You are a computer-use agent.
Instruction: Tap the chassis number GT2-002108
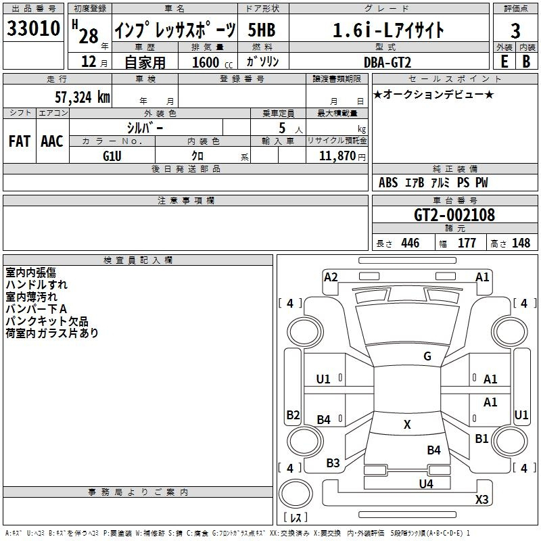tap(454, 215)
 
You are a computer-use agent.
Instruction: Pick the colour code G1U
tap(112, 156)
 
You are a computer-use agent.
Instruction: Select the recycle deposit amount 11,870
tap(340, 156)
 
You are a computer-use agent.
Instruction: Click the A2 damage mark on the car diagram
tap(331, 277)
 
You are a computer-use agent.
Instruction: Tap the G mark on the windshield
tap(427, 356)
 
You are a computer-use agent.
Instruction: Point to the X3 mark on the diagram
tap(481, 500)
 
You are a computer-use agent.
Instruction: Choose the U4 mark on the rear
tap(425, 484)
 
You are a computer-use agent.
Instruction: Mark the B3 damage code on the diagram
tap(333, 463)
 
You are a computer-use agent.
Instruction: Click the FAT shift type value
tap(20, 141)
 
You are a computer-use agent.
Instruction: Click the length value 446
tap(410, 243)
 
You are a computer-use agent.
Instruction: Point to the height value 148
tap(521, 243)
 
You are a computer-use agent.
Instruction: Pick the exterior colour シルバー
tap(145, 127)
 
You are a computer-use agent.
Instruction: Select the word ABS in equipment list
tap(388, 183)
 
